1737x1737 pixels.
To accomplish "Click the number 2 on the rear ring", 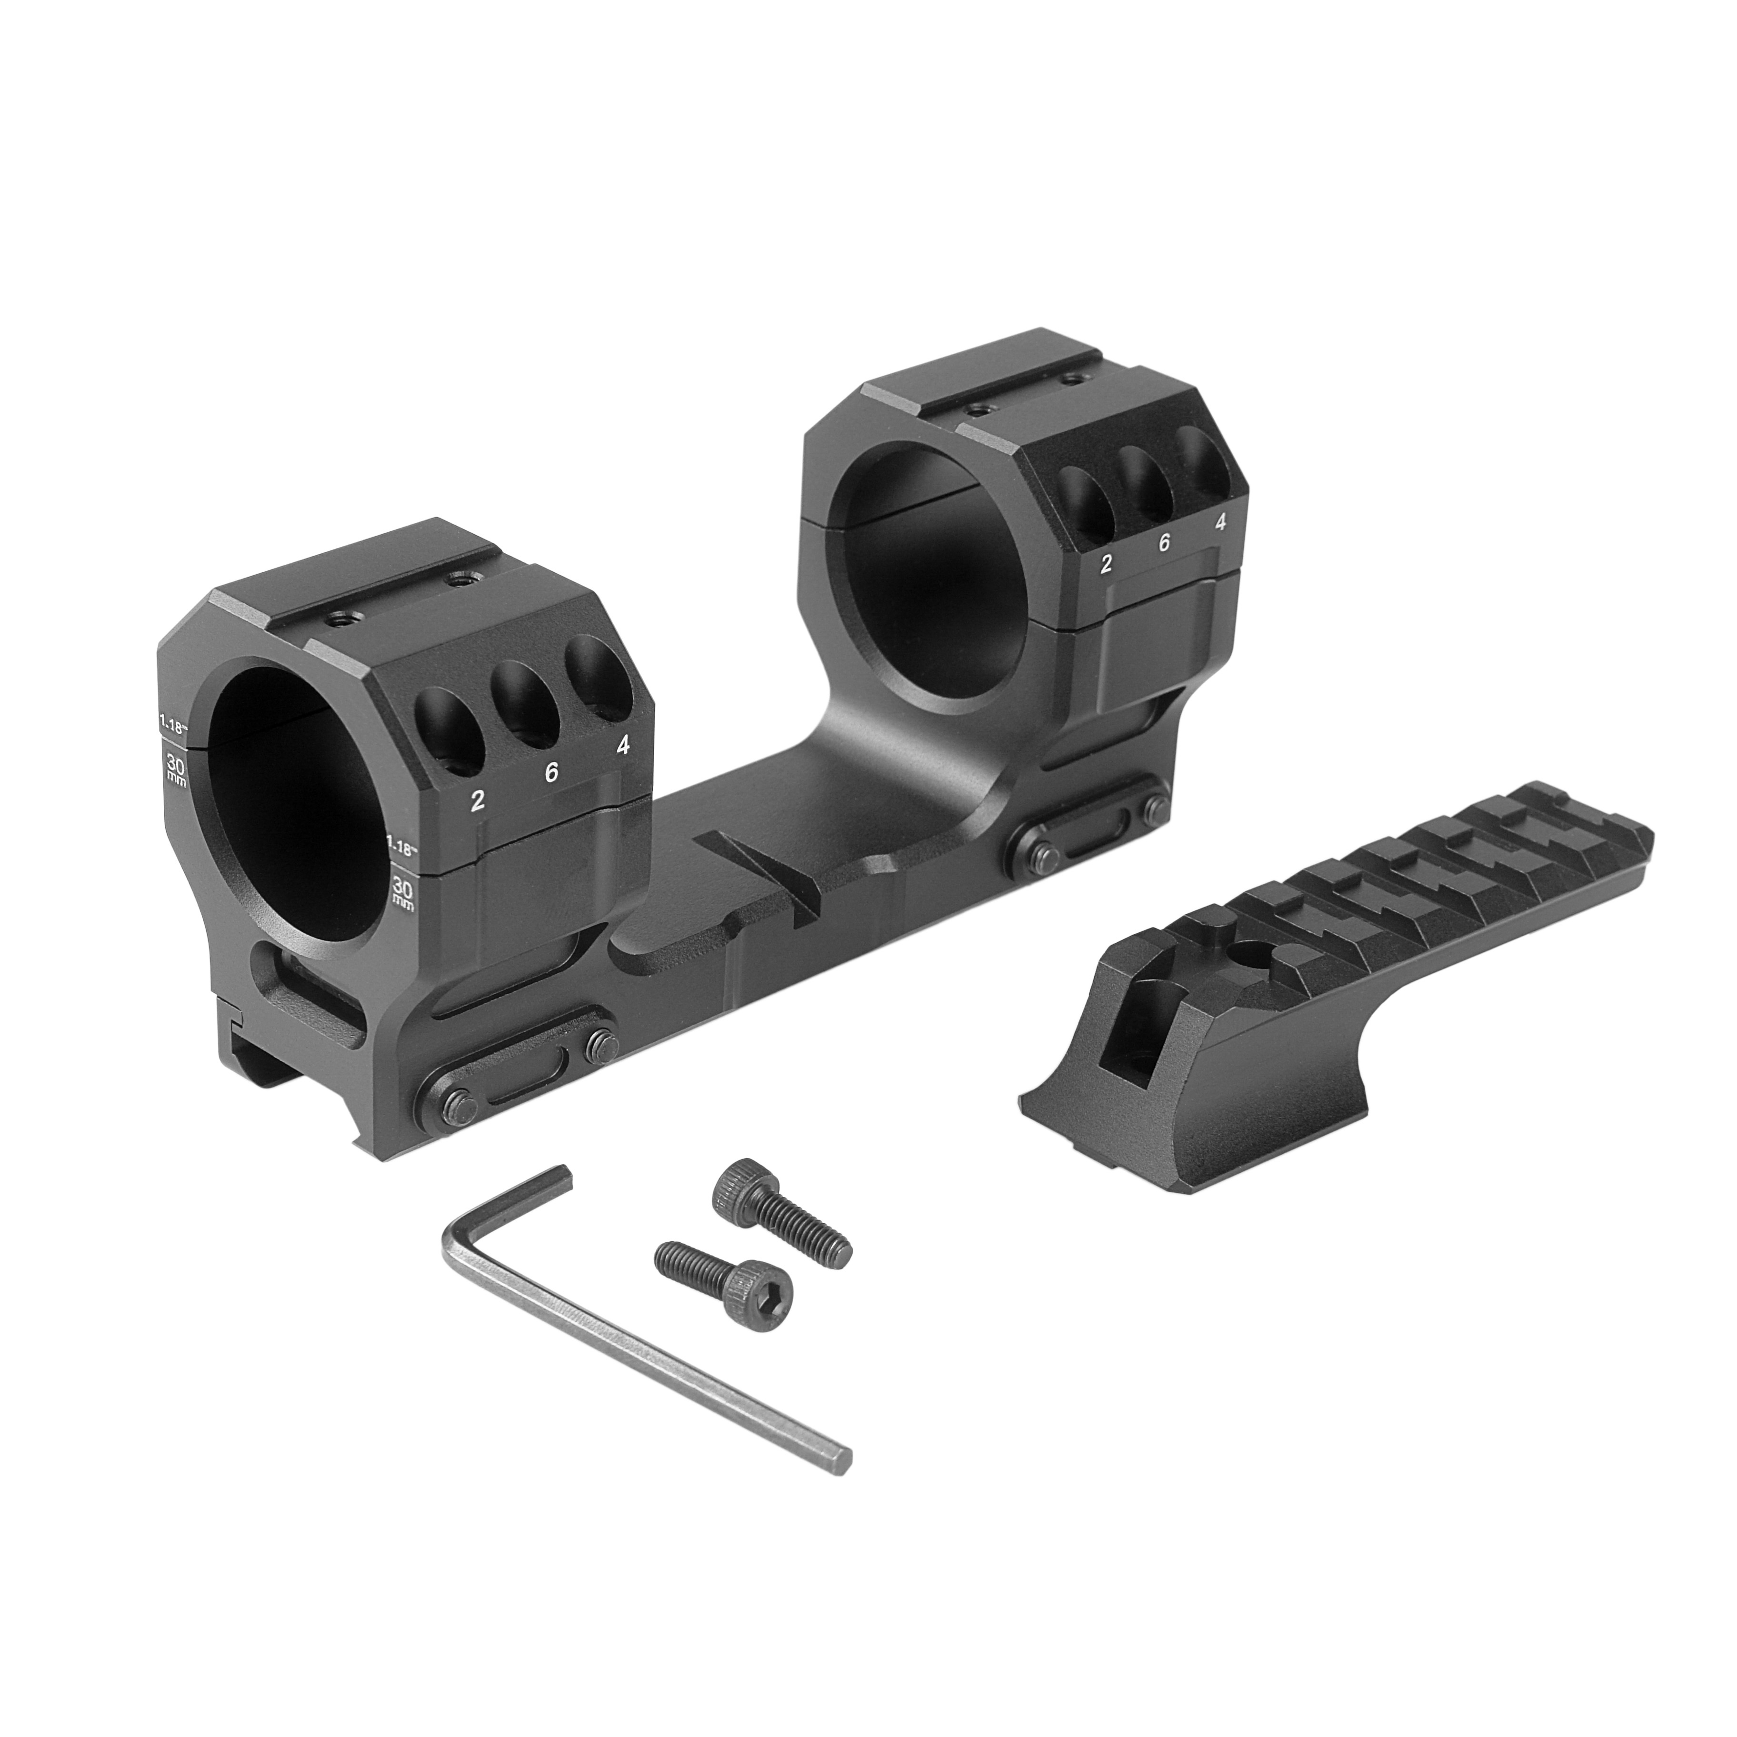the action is click(1106, 564).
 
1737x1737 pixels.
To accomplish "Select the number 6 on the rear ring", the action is click(1164, 542).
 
